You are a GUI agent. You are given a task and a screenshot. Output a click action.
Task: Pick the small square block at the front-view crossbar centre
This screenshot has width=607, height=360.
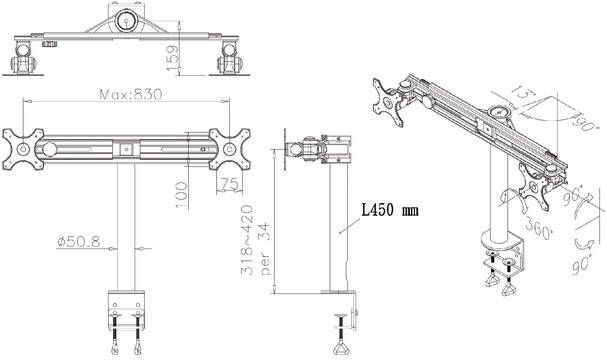127,149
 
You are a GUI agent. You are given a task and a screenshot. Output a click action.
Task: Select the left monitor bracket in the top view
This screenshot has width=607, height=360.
27,60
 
